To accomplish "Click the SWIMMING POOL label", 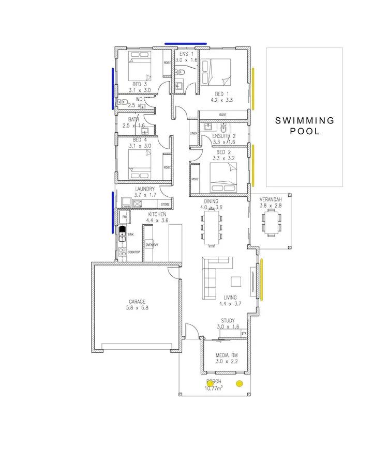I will [304, 126].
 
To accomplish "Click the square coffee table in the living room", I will [236, 282].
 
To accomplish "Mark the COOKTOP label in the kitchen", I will [134, 252].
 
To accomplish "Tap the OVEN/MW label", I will [152, 244].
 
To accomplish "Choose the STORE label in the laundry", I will [165, 205].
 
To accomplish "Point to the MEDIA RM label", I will [226, 356].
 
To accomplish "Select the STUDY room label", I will [228, 321].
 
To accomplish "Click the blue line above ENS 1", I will [185, 44].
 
